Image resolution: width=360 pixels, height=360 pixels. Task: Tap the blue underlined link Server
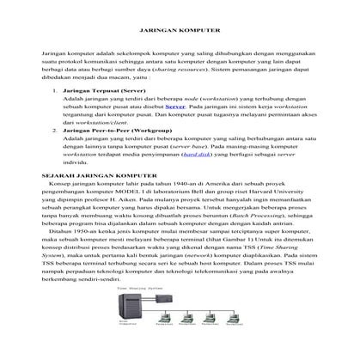click(174, 107)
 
